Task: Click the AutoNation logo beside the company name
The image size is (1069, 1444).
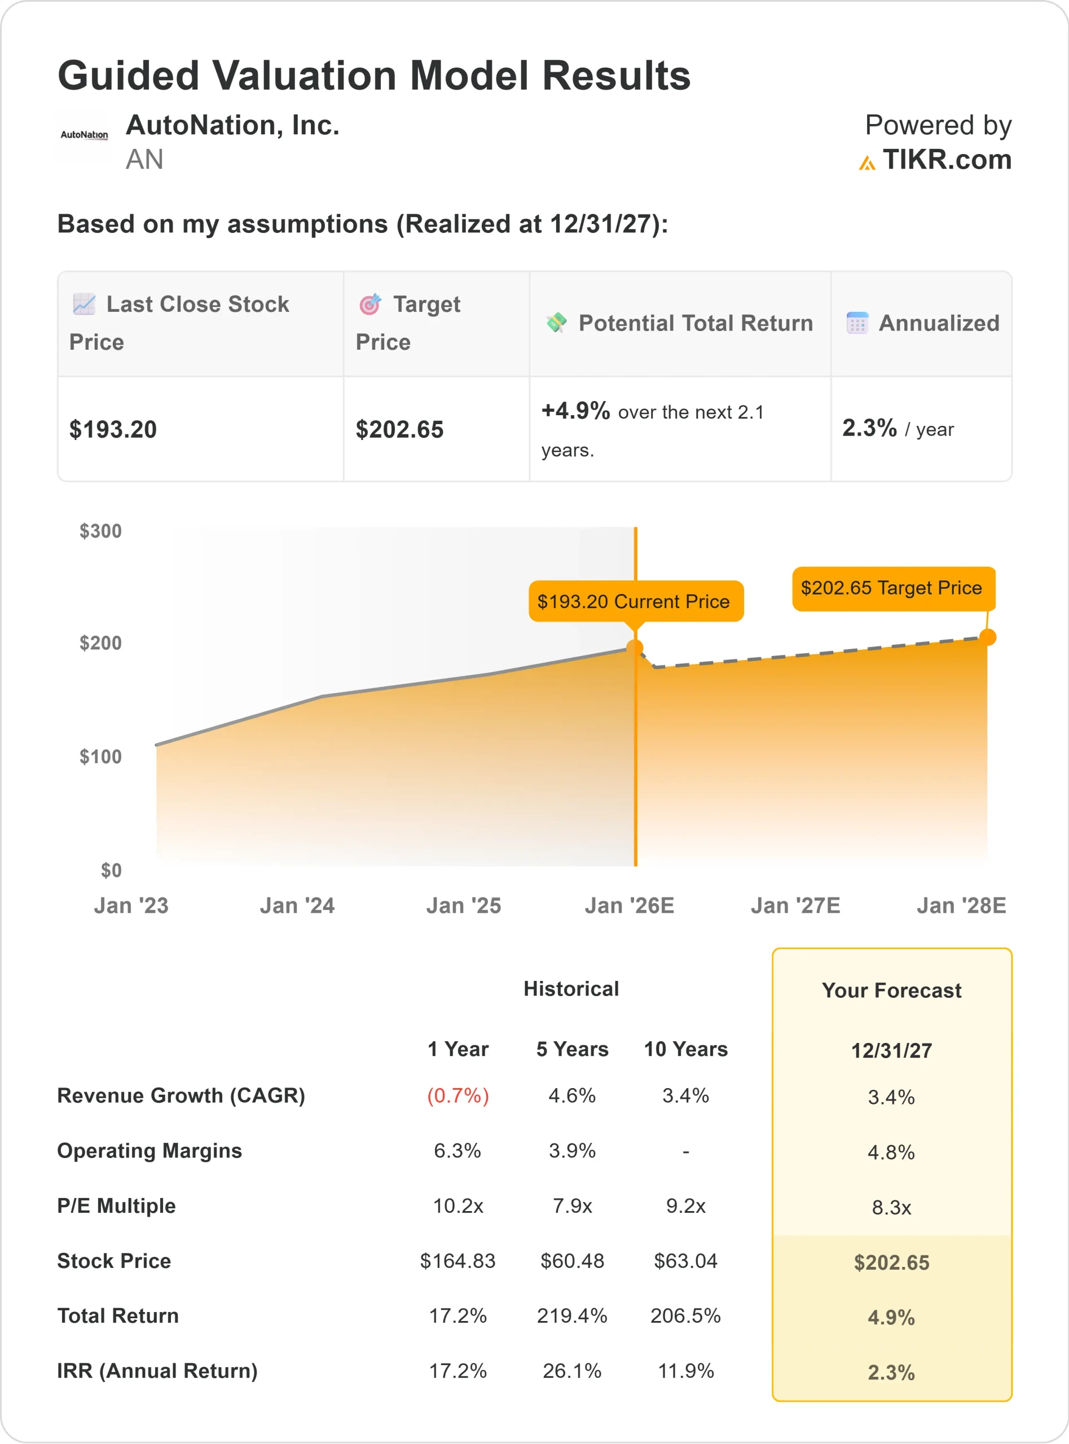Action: click(x=84, y=135)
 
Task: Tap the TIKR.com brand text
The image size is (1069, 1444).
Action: click(x=946, y=160)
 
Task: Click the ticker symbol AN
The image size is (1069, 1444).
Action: click(x=144, y=160)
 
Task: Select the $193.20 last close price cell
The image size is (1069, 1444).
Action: click(x=113, y=430)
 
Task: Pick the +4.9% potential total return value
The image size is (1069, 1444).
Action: click(x=575, y=411)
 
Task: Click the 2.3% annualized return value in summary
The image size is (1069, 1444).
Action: click(x=869, y=428)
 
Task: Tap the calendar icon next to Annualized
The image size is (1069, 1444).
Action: click(x=857, y=323)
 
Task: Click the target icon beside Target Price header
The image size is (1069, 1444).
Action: click(x=370, y=304)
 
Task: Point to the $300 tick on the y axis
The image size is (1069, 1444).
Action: click(x=100, y=531)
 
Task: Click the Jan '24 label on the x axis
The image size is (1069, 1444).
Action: click(x=297, y=905)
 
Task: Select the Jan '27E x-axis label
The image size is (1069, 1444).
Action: click(x=795, y=905)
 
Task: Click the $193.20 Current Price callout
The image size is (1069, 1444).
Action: click(x=634, y=602)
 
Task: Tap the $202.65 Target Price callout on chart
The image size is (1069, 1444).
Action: click(x=892, y=588)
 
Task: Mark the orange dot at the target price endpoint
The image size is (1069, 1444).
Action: click(x=987, y=637)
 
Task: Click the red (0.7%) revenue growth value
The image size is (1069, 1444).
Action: click(x=457, y=1095)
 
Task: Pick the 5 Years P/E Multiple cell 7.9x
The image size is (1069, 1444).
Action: click(x=572, y=1206)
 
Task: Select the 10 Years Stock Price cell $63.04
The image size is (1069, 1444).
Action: click(x=685, y=1261)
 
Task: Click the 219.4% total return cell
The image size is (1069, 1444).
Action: click(x=572, y=1316)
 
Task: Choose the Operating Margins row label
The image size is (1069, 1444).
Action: click(x=149, y=1151)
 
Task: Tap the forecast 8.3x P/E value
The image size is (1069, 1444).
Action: click(x=891, y=1207)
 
